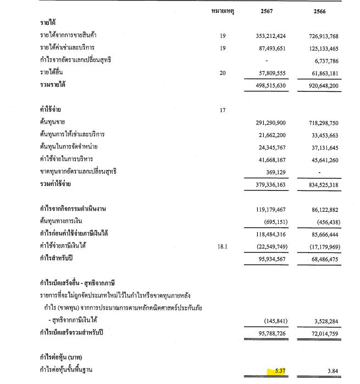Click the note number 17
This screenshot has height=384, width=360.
click(x=223, y=110)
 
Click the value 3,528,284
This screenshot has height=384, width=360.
click(x=328, y=320)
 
